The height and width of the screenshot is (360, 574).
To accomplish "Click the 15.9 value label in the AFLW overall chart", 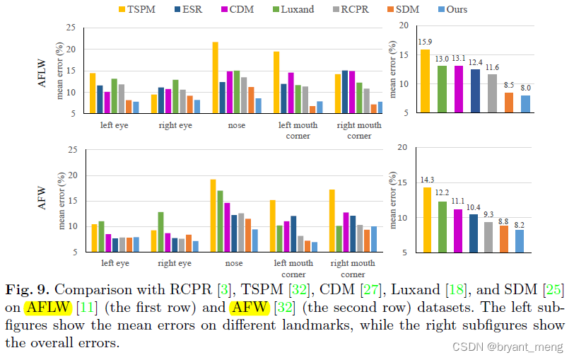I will click(x=425, y=42).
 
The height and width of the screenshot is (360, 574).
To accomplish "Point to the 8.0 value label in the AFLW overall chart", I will click(x=525, y=88).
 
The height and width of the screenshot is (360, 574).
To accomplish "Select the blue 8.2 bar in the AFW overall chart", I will click(x=520, y=240).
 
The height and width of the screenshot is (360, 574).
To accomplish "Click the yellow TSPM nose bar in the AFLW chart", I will click(x=216, y=77).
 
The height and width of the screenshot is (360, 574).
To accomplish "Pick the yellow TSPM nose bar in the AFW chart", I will click(x=213, y=215).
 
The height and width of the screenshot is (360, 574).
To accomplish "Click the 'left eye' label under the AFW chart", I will click(x=115, y=263).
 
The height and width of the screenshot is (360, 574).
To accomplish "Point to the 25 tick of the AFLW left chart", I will click(x=71, y=28).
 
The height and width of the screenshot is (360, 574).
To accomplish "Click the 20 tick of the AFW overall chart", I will click(x=403, y=147).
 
